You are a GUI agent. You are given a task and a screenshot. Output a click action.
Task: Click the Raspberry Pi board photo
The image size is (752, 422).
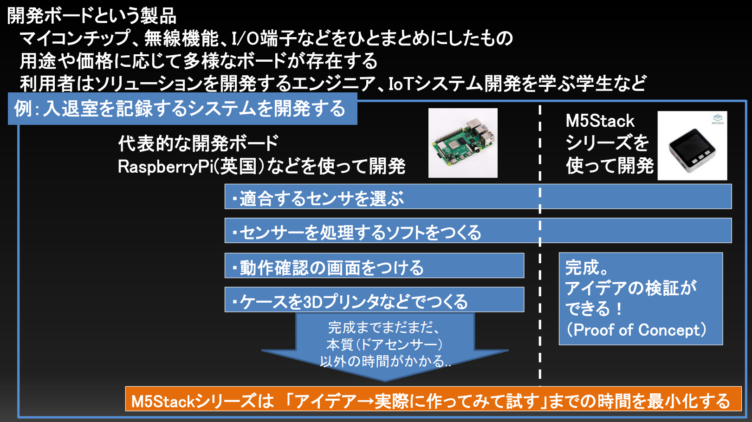[463, 143]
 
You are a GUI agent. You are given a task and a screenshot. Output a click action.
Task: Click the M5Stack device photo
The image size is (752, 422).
[692, 146]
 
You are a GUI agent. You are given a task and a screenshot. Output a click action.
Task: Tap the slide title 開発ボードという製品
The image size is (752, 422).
[92, 16]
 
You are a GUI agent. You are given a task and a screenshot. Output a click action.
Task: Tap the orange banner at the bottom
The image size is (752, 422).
[433, 400]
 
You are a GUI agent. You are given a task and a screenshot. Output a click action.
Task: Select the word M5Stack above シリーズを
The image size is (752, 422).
[600, 121]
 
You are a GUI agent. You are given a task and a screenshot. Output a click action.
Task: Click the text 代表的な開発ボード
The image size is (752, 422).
[198, 143]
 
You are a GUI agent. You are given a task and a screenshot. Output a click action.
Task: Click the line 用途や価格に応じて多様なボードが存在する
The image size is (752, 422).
[199, 61]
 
